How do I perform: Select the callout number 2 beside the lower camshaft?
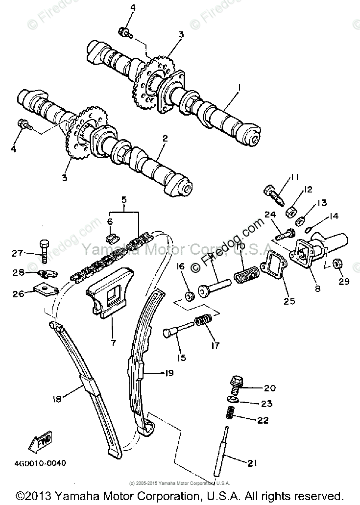pyautogui.click(x=165, y=139)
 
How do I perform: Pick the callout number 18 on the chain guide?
pyautogui.click(x=58, y=399)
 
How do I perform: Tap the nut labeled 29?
pyautogui.click(x=336, y=264)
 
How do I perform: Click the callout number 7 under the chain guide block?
pyautogui.click(x=113, y=342)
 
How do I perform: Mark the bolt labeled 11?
pyautogui.click(x=271, y=193)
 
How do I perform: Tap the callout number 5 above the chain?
pyautogui.click(x=124, y=200)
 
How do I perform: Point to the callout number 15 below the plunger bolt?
pyautogui.click(x=182, y=358)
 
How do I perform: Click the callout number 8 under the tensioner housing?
pyautogui.click(x=317, y=289)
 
